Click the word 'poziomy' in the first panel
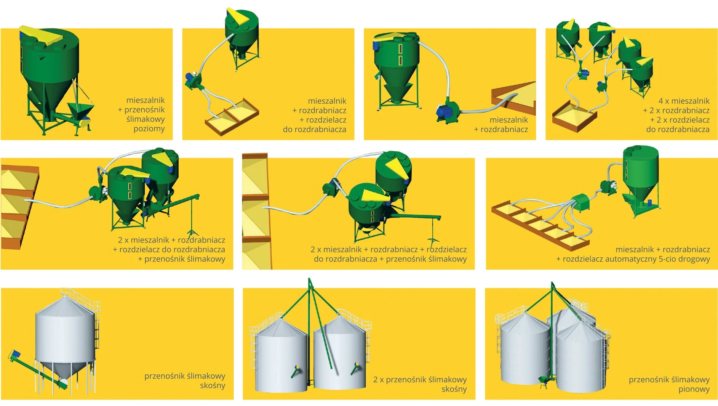point(149,129)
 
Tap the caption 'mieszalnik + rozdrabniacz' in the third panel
point(501,125)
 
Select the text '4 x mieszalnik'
point(684,101)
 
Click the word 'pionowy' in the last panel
point(694,389)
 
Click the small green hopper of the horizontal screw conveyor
point(80,109)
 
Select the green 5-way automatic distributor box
point(581,202)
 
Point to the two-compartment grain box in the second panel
point(232,117)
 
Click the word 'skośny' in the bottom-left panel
point(213,385)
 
